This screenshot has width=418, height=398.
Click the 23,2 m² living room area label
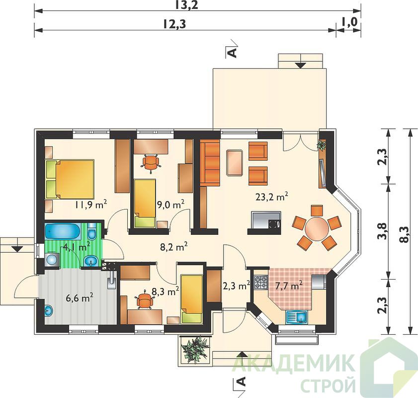click(272, 197)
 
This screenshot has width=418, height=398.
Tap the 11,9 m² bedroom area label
click(90, 204)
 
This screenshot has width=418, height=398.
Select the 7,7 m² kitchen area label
click(289, 286)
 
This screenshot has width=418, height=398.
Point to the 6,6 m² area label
click(80, 298)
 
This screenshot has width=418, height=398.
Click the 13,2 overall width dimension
click(187, 5)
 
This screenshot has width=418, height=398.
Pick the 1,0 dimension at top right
click(349, 22)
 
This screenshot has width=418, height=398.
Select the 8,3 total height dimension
click(404, 235)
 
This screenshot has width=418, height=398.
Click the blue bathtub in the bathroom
click(63, 231)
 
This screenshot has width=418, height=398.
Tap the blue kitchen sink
click(297, 317)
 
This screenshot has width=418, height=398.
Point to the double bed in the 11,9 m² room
click(70, 179)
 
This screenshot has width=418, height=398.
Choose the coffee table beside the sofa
click(234, 163)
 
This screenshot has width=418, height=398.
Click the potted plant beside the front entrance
click(195, 349)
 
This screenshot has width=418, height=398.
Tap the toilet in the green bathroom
click(92, 231)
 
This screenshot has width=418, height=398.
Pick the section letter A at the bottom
click(241, 382)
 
